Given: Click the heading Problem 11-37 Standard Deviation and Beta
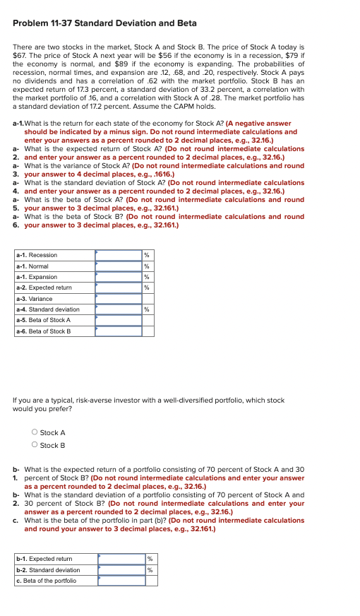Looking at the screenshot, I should coord(104,23).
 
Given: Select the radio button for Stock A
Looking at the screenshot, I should coord(35,432).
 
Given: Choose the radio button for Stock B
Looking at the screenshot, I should coord(35,445).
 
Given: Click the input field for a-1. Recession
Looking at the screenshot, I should coord(119,255).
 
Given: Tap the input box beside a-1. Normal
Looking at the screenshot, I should coord(119,266).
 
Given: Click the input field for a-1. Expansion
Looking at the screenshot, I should coord(119,277).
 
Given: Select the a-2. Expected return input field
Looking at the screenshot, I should coord(119,288).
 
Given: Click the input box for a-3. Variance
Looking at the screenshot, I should coord(119,299).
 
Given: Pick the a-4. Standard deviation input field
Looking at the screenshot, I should coord(119,309).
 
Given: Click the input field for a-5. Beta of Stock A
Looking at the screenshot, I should coord(119,320).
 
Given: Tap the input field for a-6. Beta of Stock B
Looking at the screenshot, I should coord(119,331).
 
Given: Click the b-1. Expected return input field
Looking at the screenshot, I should coord(121,559).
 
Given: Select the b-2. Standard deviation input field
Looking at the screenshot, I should coord(121,569).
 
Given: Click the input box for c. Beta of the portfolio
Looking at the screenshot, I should coord(121,581).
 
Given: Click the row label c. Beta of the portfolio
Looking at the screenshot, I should coord(46,581).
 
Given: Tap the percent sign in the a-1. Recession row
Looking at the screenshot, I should coord(147,255).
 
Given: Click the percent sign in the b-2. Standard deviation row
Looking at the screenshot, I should coord(150,569).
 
